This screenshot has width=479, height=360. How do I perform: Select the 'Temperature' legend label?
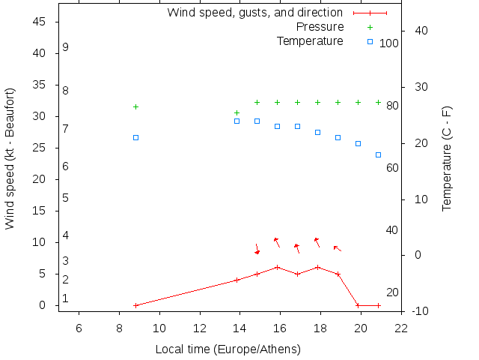click(x=310, y=40)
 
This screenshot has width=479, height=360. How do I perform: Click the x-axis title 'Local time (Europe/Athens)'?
click(x=228, y=349)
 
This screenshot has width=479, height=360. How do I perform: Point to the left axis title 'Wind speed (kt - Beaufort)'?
click(x=10, y=158)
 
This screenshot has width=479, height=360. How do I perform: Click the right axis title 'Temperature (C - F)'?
click(x=447, y=158)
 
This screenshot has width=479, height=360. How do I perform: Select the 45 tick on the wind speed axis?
click(x=40, y=22)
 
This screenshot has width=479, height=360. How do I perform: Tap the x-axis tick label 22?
click(x=401, y=327)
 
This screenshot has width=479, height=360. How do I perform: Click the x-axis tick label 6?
click(x=79, y=327)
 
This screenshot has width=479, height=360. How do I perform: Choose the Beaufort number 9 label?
click(x=66, y=47)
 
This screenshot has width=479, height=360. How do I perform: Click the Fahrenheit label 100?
click(x=389, y=43)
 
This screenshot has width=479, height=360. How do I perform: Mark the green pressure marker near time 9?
click(x=135, y=106)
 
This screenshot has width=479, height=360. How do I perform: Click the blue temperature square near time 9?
click(x=135, y=137)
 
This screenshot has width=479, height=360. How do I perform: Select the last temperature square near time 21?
click(x=378, y=154)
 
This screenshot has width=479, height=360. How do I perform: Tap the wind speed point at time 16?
click(x=277, y=267)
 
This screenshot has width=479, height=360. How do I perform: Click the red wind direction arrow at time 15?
click(x=257, y=248)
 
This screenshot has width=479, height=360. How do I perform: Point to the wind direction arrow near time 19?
click(x=337, y=248)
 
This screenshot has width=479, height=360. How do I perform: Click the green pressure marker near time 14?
click(x=237, y=112)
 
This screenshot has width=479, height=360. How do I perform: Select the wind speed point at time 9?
click(x=135, y=305)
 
